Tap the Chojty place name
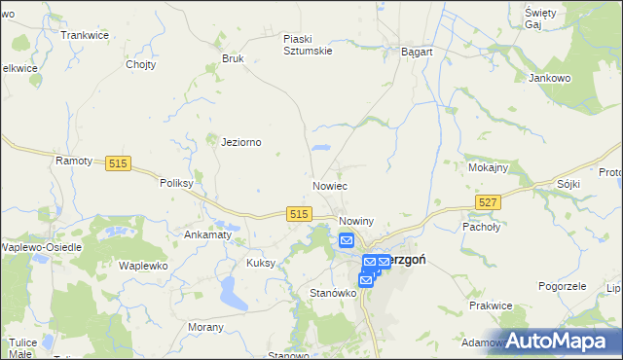pyautogui.click(x=141, y=65)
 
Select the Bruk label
pyautogui.click(x=233, y=58)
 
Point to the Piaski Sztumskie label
pyautogui.click(x=308, y=45)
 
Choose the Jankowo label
pyautogui.click(x=549, y=78)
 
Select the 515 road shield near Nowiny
pyautogui.click(x=299, y=214)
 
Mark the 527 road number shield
pyautogui.click(x=489, y=201)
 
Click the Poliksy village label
pyautogui.click(x=179, y=182)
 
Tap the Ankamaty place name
pyautogui.click(x=207, y=234)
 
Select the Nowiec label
pyautogui.click(x=330, y=185)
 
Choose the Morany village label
pyautogui.click(x=205, y=327)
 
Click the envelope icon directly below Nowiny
pyautogui.click(x=347, y=240)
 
